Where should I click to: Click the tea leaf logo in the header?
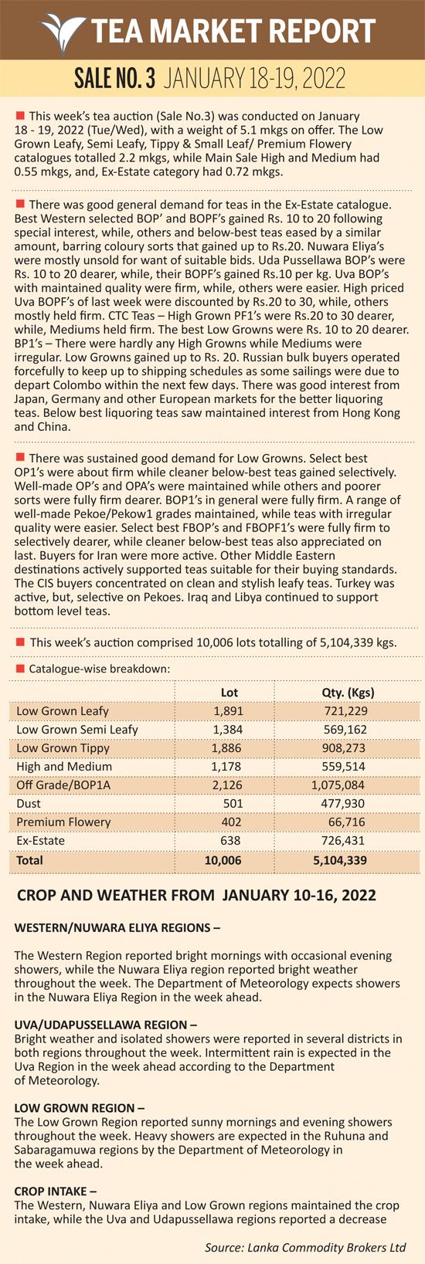pos(63,32)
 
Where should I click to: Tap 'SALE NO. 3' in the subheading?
pos(114,79)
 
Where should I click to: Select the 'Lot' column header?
pos(229,693)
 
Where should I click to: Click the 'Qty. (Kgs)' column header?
pos(348,693)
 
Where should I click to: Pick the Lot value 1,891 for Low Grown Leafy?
pos(228,711)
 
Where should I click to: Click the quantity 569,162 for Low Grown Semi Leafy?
pos(345,730)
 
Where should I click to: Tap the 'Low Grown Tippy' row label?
pos(63,748)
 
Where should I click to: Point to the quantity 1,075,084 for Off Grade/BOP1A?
pos(338,785)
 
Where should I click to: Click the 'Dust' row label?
pos(29,804)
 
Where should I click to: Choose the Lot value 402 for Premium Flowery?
pos(231,822)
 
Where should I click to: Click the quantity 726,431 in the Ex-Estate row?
pos(343,841)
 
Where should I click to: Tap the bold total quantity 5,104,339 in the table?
pos(340,860)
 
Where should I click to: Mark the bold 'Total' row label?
pos(29,860)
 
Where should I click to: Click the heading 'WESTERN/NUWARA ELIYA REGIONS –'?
pos(117,927)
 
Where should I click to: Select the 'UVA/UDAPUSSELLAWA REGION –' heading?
pos(106,1025)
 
